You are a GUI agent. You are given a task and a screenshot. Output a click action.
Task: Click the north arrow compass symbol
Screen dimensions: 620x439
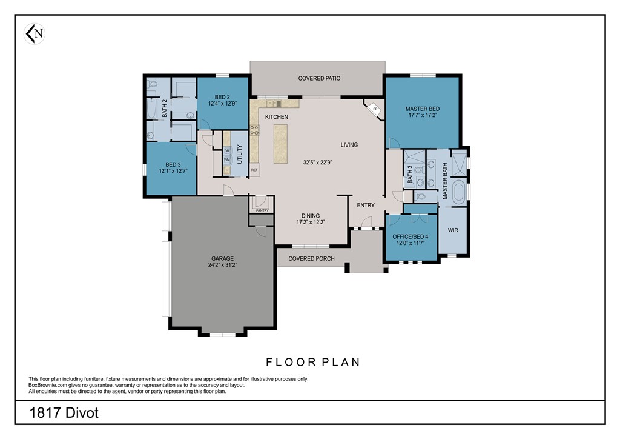point(35,33)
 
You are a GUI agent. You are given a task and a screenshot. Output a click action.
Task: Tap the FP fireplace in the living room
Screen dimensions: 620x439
point(374,109)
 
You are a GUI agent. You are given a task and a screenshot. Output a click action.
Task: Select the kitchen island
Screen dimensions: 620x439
point(280,144)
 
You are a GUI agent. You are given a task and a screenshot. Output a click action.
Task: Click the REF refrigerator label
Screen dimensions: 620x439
point(254,170)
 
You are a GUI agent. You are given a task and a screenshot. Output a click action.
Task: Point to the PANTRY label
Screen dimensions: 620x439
point(262,210)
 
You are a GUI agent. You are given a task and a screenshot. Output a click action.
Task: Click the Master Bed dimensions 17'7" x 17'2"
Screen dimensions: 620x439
point(423,115)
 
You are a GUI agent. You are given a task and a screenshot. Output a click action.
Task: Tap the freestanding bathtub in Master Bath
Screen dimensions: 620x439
point(460,192)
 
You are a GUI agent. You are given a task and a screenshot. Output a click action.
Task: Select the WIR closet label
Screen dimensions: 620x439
point(453,230)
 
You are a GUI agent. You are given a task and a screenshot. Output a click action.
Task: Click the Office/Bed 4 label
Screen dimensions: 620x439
point(410,236)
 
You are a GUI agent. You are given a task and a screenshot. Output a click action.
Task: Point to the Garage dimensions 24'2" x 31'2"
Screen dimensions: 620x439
point(223,265)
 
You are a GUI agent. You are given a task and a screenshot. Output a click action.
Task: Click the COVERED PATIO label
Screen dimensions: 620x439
point(319,78)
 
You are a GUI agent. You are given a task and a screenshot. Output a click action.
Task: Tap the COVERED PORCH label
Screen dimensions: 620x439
point(312,258)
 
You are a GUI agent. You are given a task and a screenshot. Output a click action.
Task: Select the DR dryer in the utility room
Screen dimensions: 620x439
point(227,151)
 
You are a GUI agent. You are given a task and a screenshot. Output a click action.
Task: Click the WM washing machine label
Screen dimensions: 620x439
point(227,160)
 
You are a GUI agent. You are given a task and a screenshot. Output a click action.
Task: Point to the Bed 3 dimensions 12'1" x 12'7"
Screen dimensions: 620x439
point(173,171)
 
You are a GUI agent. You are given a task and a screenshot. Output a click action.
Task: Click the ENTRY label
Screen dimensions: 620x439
point(366,205)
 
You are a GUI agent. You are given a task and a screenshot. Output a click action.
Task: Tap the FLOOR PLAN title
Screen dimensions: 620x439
point(313,362)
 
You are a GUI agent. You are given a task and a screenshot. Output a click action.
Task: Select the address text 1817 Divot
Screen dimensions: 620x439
point(64,413)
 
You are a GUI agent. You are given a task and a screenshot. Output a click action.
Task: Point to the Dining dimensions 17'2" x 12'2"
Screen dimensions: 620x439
point(311,222)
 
